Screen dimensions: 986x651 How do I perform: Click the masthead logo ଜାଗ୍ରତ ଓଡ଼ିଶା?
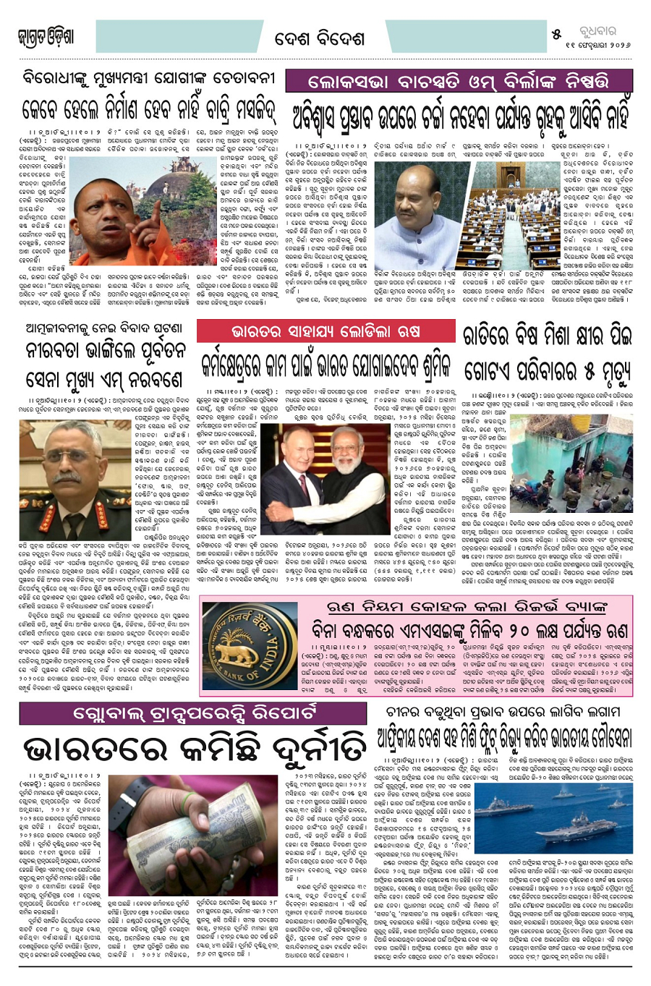click(45, 37)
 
